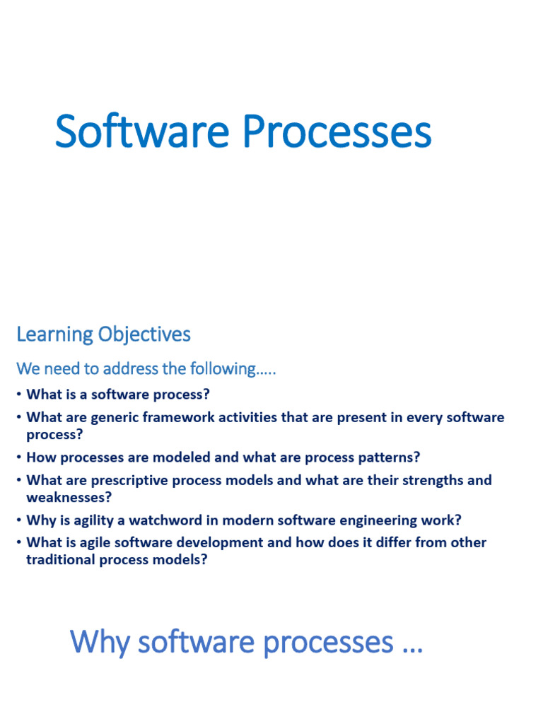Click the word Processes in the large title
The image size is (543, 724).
[x=337, y=132]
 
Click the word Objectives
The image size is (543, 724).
[x=144, y=334]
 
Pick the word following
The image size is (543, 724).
[x=233, y=369]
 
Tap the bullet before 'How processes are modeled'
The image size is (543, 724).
[x=19, y=457]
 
